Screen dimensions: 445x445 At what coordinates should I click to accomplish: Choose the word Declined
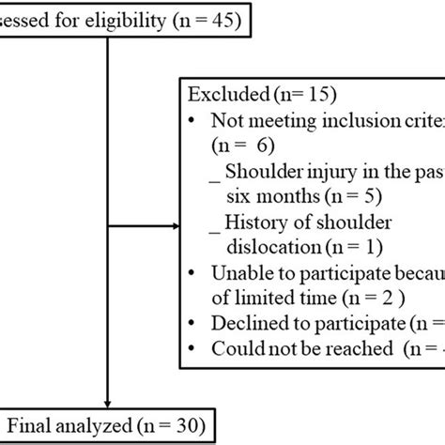(x=246, y=326)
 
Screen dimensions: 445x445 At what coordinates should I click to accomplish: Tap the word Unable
(x=239, y=275)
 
